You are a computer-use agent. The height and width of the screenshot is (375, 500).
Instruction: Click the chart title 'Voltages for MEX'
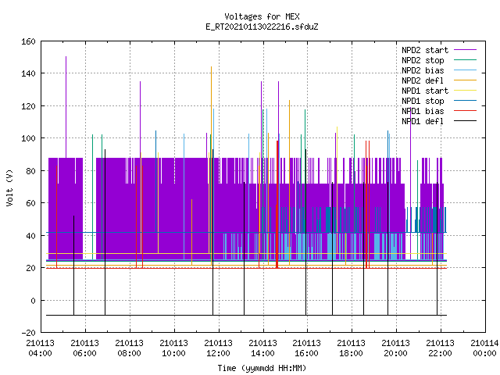tap(262, 16)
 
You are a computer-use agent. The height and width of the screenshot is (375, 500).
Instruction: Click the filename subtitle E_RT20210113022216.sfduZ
tap(262, 27)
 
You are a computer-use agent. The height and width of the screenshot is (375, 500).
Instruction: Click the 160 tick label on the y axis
tap(28, 41)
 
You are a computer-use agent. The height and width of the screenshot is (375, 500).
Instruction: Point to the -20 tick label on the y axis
tap(28, 333)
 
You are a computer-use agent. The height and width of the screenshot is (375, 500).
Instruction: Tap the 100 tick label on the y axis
tap(28, 138)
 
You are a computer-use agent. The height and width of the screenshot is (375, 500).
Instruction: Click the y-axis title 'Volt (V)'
tap(9, 187)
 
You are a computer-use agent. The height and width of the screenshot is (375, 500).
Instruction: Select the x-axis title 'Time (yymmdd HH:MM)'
tap(262, 368)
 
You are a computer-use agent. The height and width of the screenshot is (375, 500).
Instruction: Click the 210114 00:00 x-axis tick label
tap(484, 348)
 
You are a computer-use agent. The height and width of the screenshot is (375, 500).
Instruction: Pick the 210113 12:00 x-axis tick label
tap(218, 348)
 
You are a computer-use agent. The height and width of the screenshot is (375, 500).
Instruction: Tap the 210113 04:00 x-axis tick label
tap(40, 348)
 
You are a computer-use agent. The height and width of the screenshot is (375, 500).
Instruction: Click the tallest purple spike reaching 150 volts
tap(66, 107)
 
